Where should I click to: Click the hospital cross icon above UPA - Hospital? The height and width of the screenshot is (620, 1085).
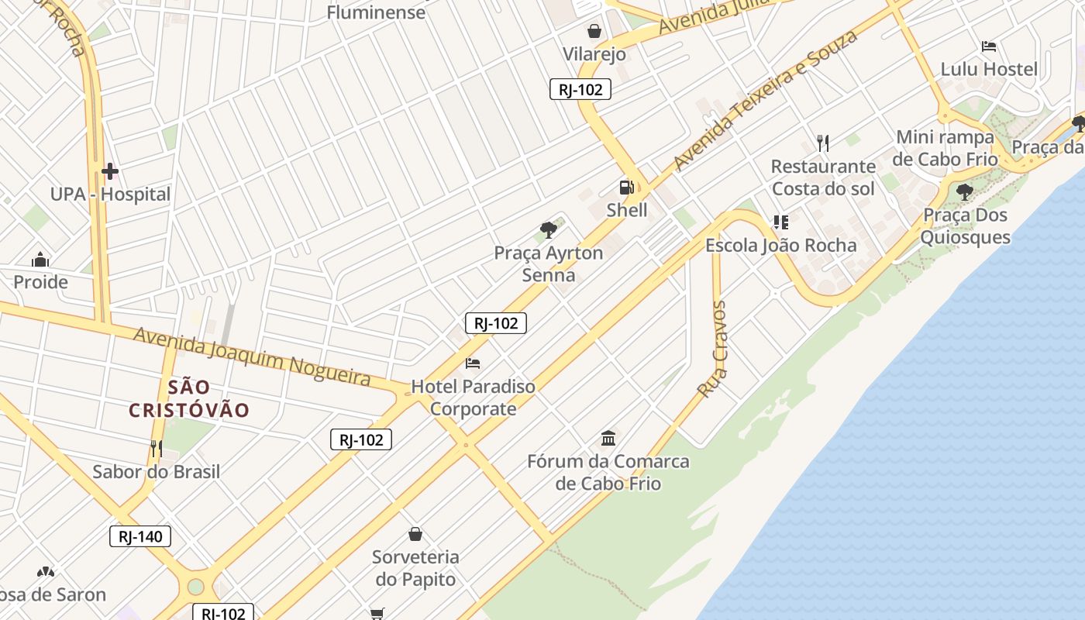coord(109,171)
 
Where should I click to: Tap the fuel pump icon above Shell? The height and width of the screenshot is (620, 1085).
coord(626,188)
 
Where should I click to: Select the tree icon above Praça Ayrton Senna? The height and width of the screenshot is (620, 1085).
coord(549,229)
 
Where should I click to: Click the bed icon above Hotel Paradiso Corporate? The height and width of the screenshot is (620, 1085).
coord(473,363)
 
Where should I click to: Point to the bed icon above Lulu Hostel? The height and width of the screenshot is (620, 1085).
coord(988,46)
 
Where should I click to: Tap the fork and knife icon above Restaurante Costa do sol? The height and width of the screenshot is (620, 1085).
coord(823,143)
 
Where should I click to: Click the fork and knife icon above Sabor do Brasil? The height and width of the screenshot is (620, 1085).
coord(157,449)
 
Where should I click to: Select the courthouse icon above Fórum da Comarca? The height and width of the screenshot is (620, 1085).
coord(608,439)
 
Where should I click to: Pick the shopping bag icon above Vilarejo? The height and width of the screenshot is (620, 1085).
coord(594,31)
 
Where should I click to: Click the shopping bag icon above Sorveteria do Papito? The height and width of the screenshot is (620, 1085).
coord(415,534)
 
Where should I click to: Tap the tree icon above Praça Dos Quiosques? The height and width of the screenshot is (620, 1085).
coord(965,191)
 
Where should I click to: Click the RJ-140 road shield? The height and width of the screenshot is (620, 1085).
coord(139,536)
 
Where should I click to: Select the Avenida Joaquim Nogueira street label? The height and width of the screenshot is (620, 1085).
coord(252,356)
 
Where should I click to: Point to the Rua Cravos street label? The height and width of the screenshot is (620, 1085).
coord(711,350)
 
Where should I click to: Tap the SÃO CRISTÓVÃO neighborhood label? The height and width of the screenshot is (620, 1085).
coord(189,398)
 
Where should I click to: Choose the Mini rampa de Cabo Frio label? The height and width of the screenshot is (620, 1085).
coord(944,148)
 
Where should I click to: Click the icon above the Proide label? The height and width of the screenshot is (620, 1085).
coord(40,260)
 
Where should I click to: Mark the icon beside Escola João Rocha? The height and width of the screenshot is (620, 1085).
coord(780,223)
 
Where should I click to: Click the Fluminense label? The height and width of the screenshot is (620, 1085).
coord(376,12)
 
